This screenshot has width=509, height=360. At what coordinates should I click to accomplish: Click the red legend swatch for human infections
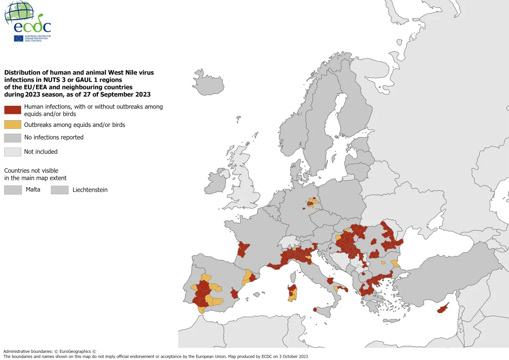tap(13, 110)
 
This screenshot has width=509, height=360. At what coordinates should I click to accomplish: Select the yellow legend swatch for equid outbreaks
tap(13, 125)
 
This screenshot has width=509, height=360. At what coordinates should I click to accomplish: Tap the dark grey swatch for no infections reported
tap(13, 138)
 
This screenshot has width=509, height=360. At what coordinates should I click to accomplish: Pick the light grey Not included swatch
tap(13, 152)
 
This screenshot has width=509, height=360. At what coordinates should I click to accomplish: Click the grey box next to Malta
tap(13, 190)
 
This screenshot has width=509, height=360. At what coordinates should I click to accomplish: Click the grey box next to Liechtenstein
tap(60, 190)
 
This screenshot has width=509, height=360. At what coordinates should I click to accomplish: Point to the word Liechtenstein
tap(90, 190)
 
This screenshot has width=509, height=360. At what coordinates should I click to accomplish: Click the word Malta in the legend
tap(33, 189)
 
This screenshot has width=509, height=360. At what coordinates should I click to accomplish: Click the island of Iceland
tap(209, 83)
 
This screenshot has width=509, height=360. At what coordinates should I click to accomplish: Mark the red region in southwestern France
tap(243, 249)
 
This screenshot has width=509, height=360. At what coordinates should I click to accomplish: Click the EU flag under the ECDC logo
tap(18, 38)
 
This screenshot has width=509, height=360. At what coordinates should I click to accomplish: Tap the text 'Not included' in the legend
tap(41, 152)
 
